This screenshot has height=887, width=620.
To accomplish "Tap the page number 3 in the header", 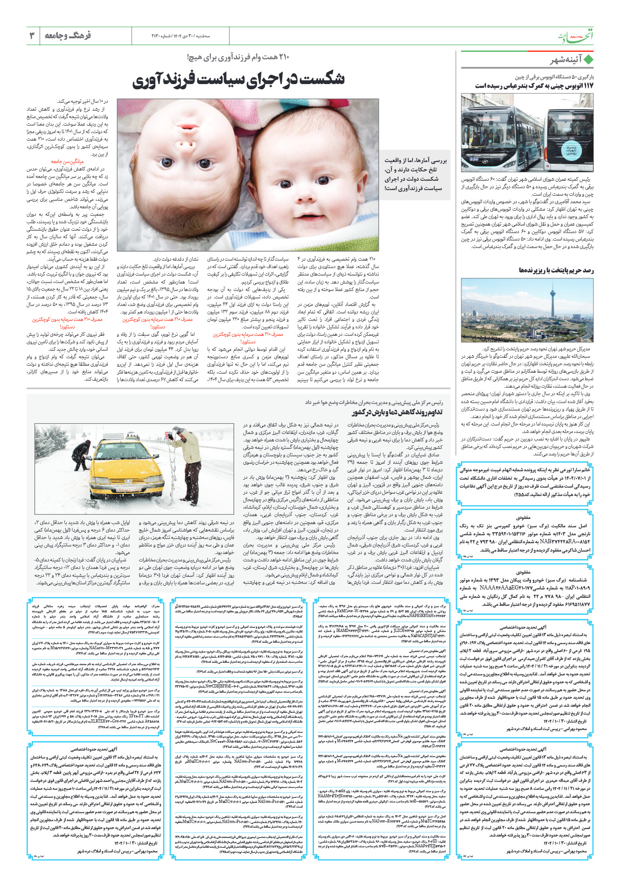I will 32,35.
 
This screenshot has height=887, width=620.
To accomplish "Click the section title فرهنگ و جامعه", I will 68,35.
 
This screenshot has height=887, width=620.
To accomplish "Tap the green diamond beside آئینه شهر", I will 589,60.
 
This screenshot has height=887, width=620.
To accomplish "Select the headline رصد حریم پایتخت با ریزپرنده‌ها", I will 556,270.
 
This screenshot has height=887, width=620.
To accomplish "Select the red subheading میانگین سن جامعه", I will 80,161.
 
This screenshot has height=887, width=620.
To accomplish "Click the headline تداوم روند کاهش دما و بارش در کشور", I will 397,412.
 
